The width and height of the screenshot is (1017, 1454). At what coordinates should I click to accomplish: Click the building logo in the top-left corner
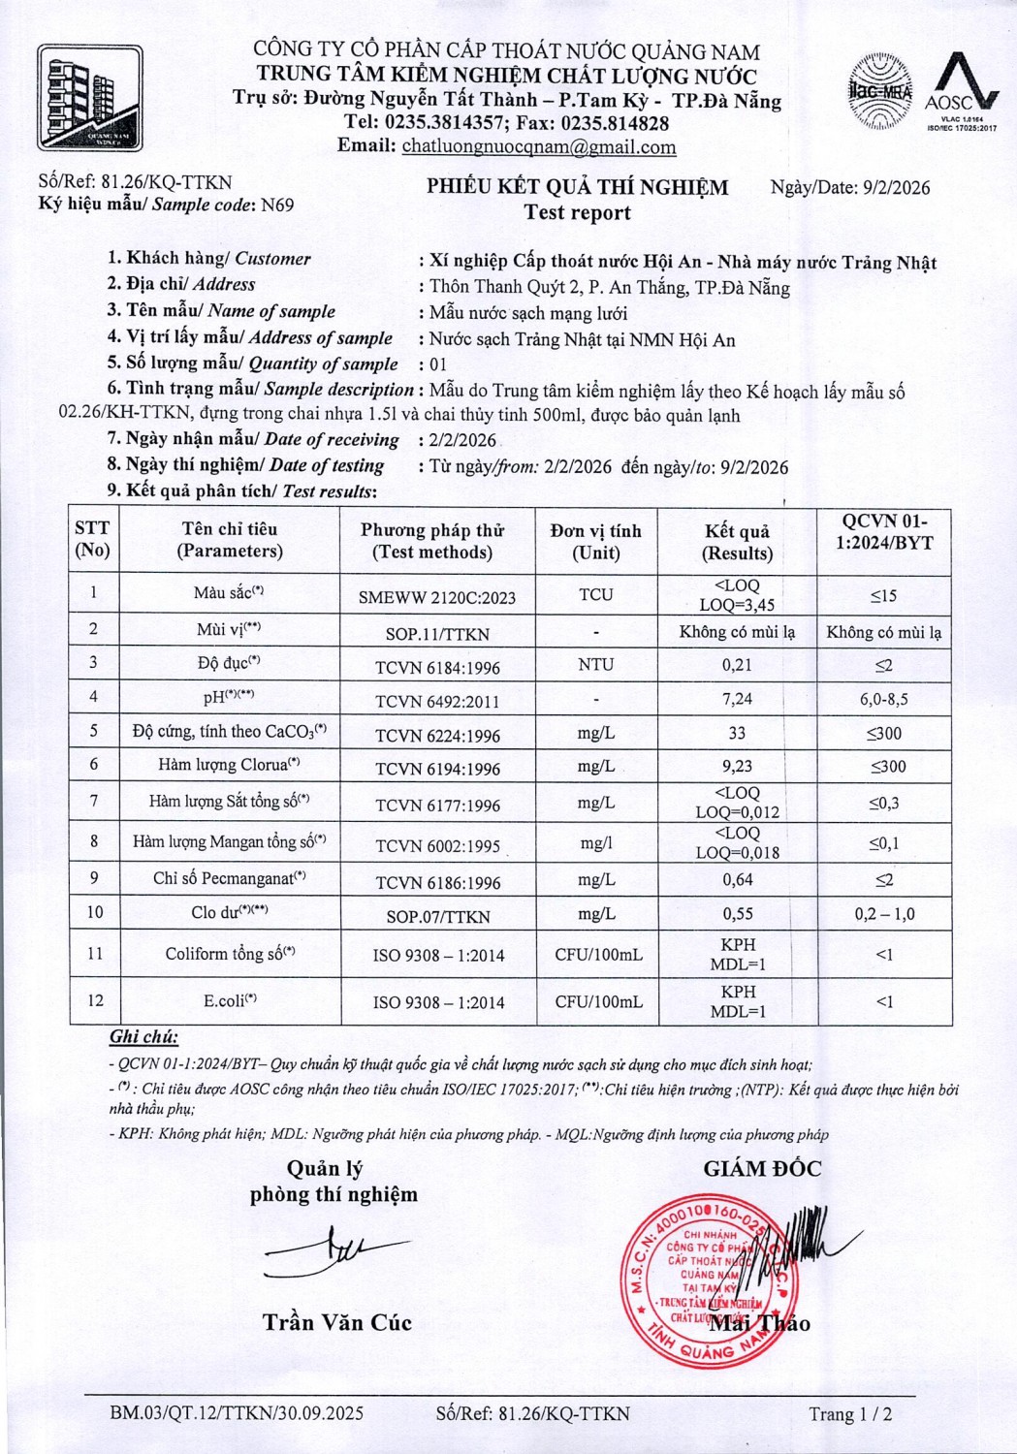pos(90,98)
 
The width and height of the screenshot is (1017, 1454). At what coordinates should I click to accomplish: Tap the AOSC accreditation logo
pos(962,91)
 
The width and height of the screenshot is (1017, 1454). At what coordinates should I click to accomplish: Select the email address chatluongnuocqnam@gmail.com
pos(539,147)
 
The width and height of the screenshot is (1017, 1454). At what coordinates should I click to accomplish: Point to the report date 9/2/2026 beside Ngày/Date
pos(896,188)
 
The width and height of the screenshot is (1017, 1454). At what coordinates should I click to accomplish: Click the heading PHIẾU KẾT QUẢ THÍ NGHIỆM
pos(577,187)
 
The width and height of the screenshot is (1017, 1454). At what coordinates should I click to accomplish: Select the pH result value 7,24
pos(737,699)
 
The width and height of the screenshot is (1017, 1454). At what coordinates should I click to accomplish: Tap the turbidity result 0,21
pos(737,665)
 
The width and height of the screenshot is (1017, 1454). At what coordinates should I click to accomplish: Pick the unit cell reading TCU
pos(595,594)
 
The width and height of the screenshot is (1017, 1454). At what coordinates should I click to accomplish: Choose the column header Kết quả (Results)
pos(737,542)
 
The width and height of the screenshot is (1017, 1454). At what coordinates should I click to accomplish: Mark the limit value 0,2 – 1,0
pos(883,914)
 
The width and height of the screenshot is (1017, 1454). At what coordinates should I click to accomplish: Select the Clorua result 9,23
pos(737,766)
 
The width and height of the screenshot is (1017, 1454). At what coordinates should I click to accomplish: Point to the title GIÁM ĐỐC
pos(762,1169)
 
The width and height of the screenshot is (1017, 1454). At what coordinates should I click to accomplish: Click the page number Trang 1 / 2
pos(849,1414)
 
